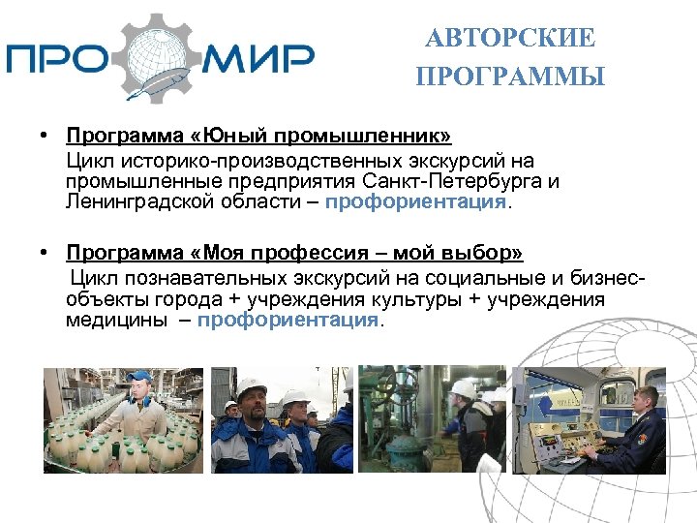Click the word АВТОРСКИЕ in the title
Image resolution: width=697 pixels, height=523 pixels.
tap(510, 39)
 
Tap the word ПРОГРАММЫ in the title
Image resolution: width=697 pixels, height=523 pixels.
tap(510, 77)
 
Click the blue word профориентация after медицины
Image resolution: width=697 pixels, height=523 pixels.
tap(288, 320)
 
